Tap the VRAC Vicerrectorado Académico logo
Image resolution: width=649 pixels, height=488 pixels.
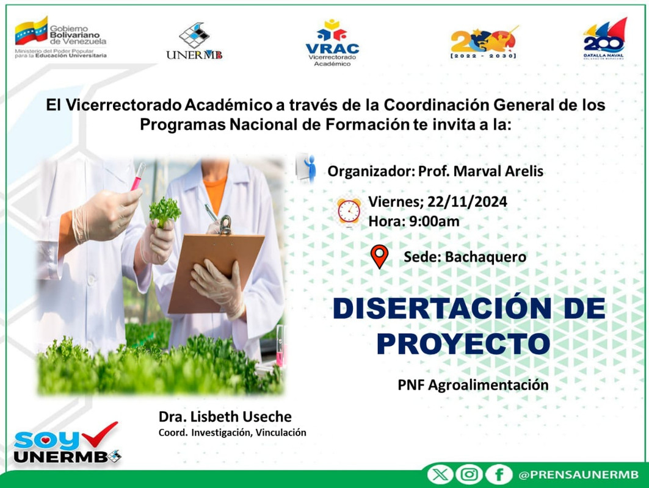332,43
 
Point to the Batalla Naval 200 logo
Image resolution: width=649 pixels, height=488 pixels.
604,38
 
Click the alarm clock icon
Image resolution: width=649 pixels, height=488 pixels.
349,212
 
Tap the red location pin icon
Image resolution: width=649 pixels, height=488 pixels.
379,256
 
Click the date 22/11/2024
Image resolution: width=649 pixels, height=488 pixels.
467,202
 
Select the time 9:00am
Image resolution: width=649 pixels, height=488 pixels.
434,221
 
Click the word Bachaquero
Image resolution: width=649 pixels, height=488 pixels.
485,257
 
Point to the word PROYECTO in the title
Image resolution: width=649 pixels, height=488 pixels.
463,343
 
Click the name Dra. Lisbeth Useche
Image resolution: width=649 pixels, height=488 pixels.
225,417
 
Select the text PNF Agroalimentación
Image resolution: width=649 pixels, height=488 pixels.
473,385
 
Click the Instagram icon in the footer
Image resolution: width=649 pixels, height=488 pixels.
469,475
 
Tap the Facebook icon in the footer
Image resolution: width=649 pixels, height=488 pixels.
499,475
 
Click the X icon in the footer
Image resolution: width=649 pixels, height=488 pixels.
440,475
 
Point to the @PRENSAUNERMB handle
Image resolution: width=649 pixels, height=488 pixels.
579,475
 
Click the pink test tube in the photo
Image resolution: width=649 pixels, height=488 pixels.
138,176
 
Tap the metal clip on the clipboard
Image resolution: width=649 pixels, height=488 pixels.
225,225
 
